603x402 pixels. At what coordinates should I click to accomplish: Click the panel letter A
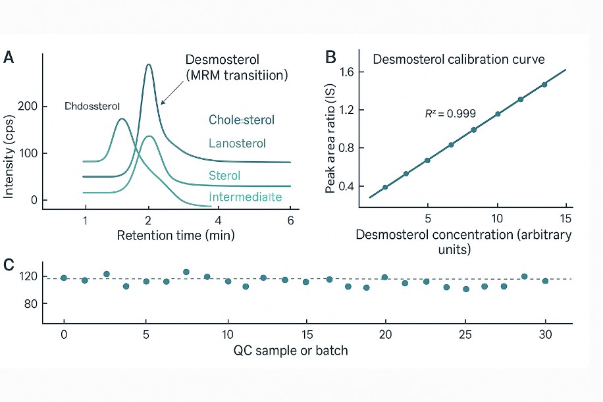tap(9, 58)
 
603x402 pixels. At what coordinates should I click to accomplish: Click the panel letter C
tap(9, 264)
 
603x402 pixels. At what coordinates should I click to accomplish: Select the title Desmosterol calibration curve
tap(458, 59)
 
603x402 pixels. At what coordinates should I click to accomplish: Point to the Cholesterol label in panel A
tap(242, 120)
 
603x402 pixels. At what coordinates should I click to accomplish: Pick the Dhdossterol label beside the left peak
tap(92, 106)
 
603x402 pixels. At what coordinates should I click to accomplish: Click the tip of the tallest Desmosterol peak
tap(149, 64)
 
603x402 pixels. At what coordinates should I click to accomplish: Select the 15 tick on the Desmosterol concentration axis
tap(566, 218)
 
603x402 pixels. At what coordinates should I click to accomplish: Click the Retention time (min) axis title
tap(176, 234)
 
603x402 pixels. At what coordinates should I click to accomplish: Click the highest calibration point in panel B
tap(544, 84)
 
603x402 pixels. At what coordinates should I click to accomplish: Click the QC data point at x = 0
tap(64, 278)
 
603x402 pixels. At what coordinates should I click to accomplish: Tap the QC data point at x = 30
tap(545, 281)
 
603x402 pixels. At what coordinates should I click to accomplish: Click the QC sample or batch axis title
tap(290, 350)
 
